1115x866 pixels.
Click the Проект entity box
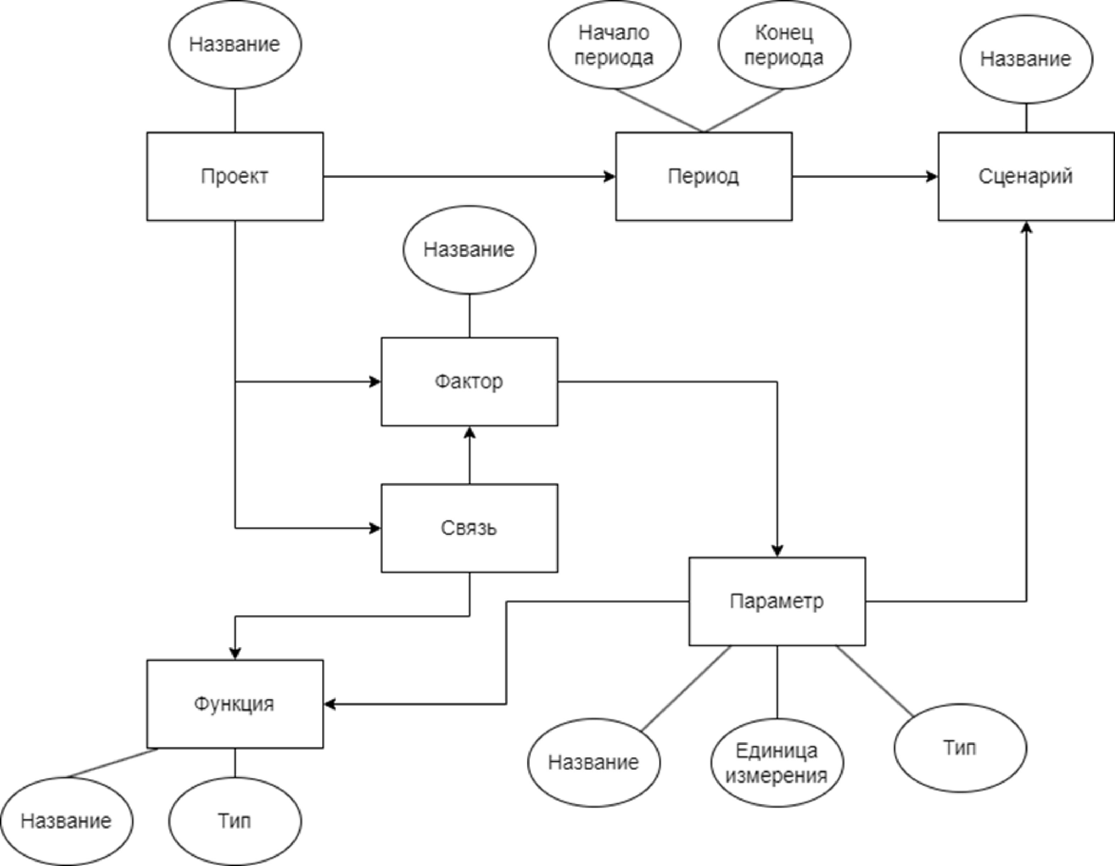click(235, 177)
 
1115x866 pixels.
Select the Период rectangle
click(703, 177)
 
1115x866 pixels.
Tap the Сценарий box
click(1026, 177)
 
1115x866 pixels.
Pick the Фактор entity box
click(469, 382)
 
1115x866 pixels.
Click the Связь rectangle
click(469, 528)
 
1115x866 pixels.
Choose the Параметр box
click(776, 601)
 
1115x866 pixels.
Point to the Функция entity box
click(235, 704)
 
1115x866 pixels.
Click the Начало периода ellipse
click(614, 45)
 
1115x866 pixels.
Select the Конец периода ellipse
click(784, 45)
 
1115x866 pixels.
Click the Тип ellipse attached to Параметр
click(960, 748)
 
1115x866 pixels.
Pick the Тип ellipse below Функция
click(235, 821)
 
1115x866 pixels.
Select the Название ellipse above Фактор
click(469, 250)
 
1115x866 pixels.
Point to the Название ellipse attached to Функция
click(67, 821)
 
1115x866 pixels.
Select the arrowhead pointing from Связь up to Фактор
click(469, 433)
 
